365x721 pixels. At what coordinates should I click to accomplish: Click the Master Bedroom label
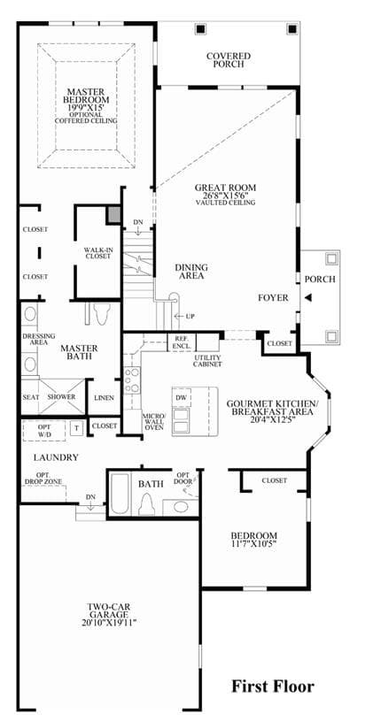click(87, 96)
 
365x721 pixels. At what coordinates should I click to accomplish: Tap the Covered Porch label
click(229, 60)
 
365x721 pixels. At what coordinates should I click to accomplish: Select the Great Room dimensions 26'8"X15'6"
click(225, 195)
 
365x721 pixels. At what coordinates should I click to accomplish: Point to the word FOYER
click(273, 297)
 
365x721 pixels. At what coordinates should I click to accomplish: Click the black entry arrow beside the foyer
click(308, 298)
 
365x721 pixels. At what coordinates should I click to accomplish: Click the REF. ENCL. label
click(180, 341)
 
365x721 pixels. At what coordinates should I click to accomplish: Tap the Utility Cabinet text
click(208, 361)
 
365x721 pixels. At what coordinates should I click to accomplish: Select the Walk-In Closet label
click(97, 253)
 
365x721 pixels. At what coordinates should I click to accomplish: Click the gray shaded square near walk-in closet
click(113, 214)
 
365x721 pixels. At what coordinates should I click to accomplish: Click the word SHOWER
click(61, 396)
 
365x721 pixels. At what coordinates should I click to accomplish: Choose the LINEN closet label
click(104, 397)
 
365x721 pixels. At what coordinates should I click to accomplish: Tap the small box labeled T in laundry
click(76, 427)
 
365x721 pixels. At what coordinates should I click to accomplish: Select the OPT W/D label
click(44, 430)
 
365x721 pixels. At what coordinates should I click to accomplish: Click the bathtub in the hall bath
click(121, 495)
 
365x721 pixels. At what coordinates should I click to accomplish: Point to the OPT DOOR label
click(182, 479)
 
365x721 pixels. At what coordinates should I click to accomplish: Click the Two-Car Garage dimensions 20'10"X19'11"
click(108, 623)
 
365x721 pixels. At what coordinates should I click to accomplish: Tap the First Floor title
click(273, 686)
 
